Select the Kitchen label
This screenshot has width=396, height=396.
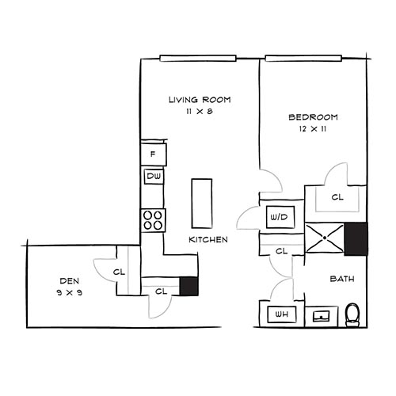coord(208,239)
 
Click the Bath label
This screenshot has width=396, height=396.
coord(341,279)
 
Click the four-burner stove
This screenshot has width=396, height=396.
coord(152,219)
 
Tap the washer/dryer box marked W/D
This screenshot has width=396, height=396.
coord(278,215)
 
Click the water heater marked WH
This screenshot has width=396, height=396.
coord(280,316)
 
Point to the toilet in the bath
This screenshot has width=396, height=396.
coord(354,315)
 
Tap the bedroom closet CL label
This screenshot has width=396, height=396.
coord(337,197)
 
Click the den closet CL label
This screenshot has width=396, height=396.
coord(120,272)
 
